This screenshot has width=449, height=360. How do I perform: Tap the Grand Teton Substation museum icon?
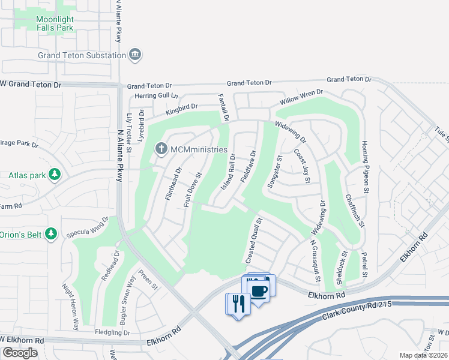[136, 55]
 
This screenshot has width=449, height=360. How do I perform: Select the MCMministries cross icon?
[160, 149]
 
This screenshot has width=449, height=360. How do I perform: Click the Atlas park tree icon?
[55, 175]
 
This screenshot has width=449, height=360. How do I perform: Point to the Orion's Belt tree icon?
[51, 233]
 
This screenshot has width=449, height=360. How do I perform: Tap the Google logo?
[20, 353]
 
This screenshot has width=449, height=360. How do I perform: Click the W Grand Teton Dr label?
[31, 85]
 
